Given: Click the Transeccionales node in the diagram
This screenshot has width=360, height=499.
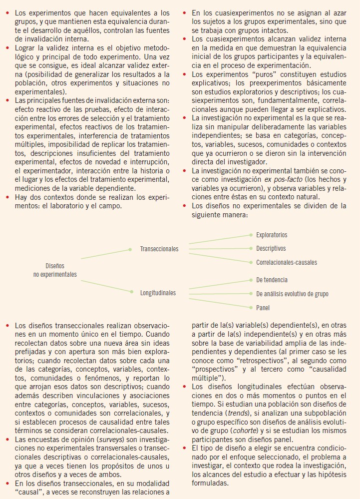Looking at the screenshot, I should tap(159, 249).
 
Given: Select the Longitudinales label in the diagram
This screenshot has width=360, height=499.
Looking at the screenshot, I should tap(158, 293).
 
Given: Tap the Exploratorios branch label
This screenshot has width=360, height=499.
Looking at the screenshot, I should tap(272, 235).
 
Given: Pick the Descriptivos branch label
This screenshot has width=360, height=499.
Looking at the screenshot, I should tap(271, 248).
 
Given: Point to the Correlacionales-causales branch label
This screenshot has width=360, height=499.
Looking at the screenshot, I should tap(286, 262).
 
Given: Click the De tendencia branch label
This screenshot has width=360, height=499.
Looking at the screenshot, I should tap(272, 280).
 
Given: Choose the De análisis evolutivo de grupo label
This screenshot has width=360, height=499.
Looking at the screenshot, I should tap(292, 294).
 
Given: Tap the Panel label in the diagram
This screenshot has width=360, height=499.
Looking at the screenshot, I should tap(263, 308).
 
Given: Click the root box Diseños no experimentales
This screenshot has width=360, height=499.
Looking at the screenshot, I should tap(55, 270).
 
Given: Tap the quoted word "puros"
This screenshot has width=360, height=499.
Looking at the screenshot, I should tap(248, 74).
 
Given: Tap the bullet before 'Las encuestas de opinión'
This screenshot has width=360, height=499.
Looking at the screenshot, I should tap(7, 439).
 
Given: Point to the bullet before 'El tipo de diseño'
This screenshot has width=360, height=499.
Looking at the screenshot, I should tap(185, 448).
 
